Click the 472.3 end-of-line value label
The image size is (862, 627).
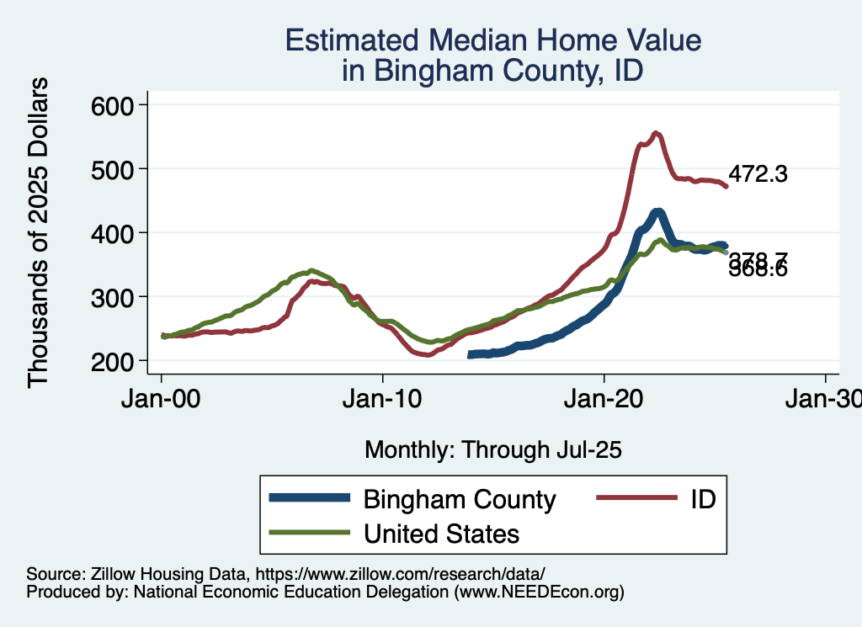pyautogui.click(x=758, y=174)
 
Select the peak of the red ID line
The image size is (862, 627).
pyautogui.click(x=657, y=133)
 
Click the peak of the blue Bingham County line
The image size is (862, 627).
pyautogui.click(x=657, y=211)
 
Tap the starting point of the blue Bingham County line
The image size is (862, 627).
pyautogui.click(x=471, y=355)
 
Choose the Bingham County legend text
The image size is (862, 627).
pyautogui.click(x=460, y=499)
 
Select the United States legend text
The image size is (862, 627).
pyautogui.click(x=441, y=534)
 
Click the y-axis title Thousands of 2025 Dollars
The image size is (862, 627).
pyautogui.click(x=39, y=232)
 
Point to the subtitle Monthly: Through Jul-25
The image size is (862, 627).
pyautogui.click(x=493, y=450)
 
